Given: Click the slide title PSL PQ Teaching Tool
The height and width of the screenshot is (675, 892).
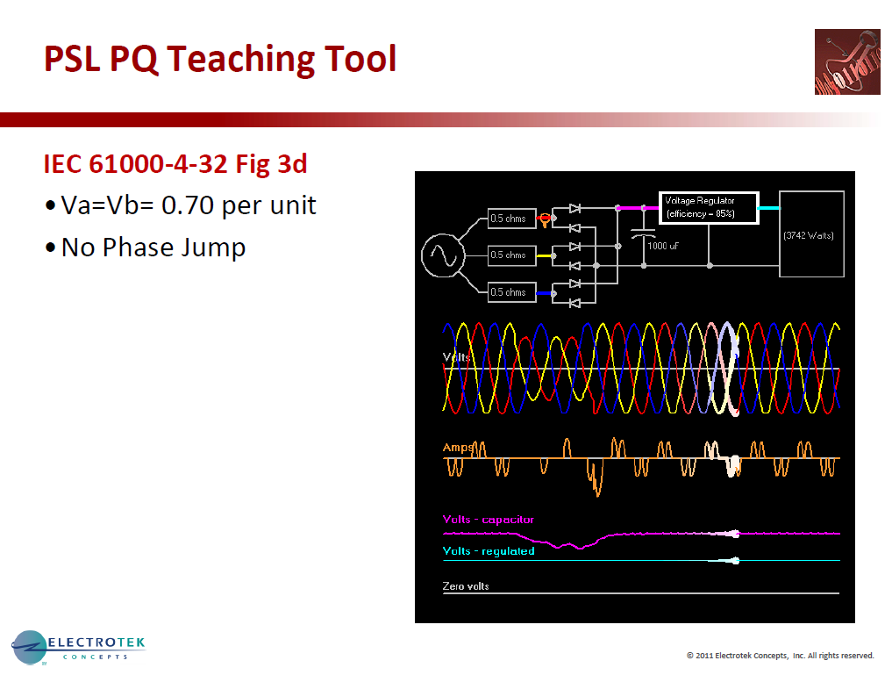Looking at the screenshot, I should [x=220, y=60].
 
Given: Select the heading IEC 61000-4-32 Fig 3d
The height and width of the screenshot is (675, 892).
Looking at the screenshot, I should [x=175, y=163].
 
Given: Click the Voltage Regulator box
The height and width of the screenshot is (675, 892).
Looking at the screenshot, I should [x=709, y=207].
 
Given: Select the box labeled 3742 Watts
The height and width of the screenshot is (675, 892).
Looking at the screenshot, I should [x=811, y=234].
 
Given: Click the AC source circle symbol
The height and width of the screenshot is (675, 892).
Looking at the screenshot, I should [x=442, y=255].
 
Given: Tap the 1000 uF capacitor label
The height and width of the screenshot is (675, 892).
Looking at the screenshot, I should [x=662, y=247].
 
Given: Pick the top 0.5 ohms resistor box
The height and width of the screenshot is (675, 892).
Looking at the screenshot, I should [x=511, y=219].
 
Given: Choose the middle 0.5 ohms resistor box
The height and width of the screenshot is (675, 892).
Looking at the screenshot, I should [x=511, y=255].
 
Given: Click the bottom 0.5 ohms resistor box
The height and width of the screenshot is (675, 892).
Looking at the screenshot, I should [x=511, y=291].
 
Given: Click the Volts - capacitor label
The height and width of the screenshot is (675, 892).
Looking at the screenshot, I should [x=489, y=520].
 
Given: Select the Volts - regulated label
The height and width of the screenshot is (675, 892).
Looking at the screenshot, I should [x=489, y=551].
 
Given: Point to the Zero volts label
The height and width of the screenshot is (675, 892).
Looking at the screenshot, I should [x=466, y=585].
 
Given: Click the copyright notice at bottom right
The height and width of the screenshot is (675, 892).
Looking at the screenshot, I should [x=781, y=656].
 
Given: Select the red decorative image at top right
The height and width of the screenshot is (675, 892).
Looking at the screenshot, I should [x=846, y=61].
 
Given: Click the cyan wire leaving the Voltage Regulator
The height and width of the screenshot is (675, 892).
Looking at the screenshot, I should [x=768, y=208].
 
